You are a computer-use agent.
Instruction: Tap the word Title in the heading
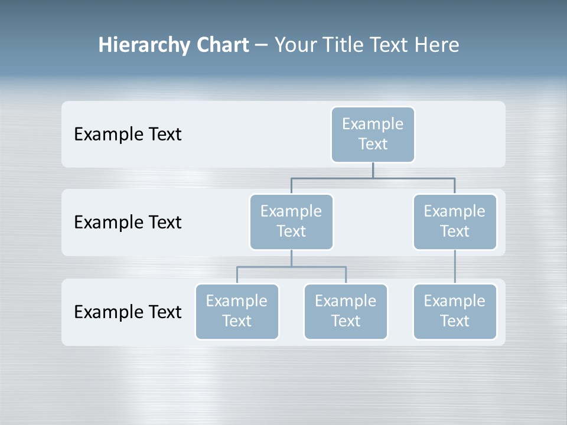click(343, 45)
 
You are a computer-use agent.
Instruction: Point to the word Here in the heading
click(436, 45)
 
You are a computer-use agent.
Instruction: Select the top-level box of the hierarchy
click(373, 134)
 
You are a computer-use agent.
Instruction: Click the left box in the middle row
click(291, 221)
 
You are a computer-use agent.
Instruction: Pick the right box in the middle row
click(455, 221)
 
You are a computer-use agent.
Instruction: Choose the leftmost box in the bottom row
click(237, 311)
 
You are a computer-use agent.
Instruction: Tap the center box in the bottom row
click(346, 311)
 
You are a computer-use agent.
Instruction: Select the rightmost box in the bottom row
click(455, 311)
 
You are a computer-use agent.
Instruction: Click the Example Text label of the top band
click(128, 135)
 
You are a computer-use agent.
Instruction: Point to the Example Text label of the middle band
click(128, 223)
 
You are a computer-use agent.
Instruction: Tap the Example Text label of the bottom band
click(128, 312)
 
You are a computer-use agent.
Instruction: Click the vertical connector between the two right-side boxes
click(455, 267)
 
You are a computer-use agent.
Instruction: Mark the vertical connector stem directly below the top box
click(373, 170)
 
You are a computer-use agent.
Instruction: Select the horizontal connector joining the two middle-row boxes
click(373, 178)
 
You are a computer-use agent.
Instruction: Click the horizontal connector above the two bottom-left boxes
click(291, 267)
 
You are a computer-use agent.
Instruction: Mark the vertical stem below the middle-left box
click(291, 258)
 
